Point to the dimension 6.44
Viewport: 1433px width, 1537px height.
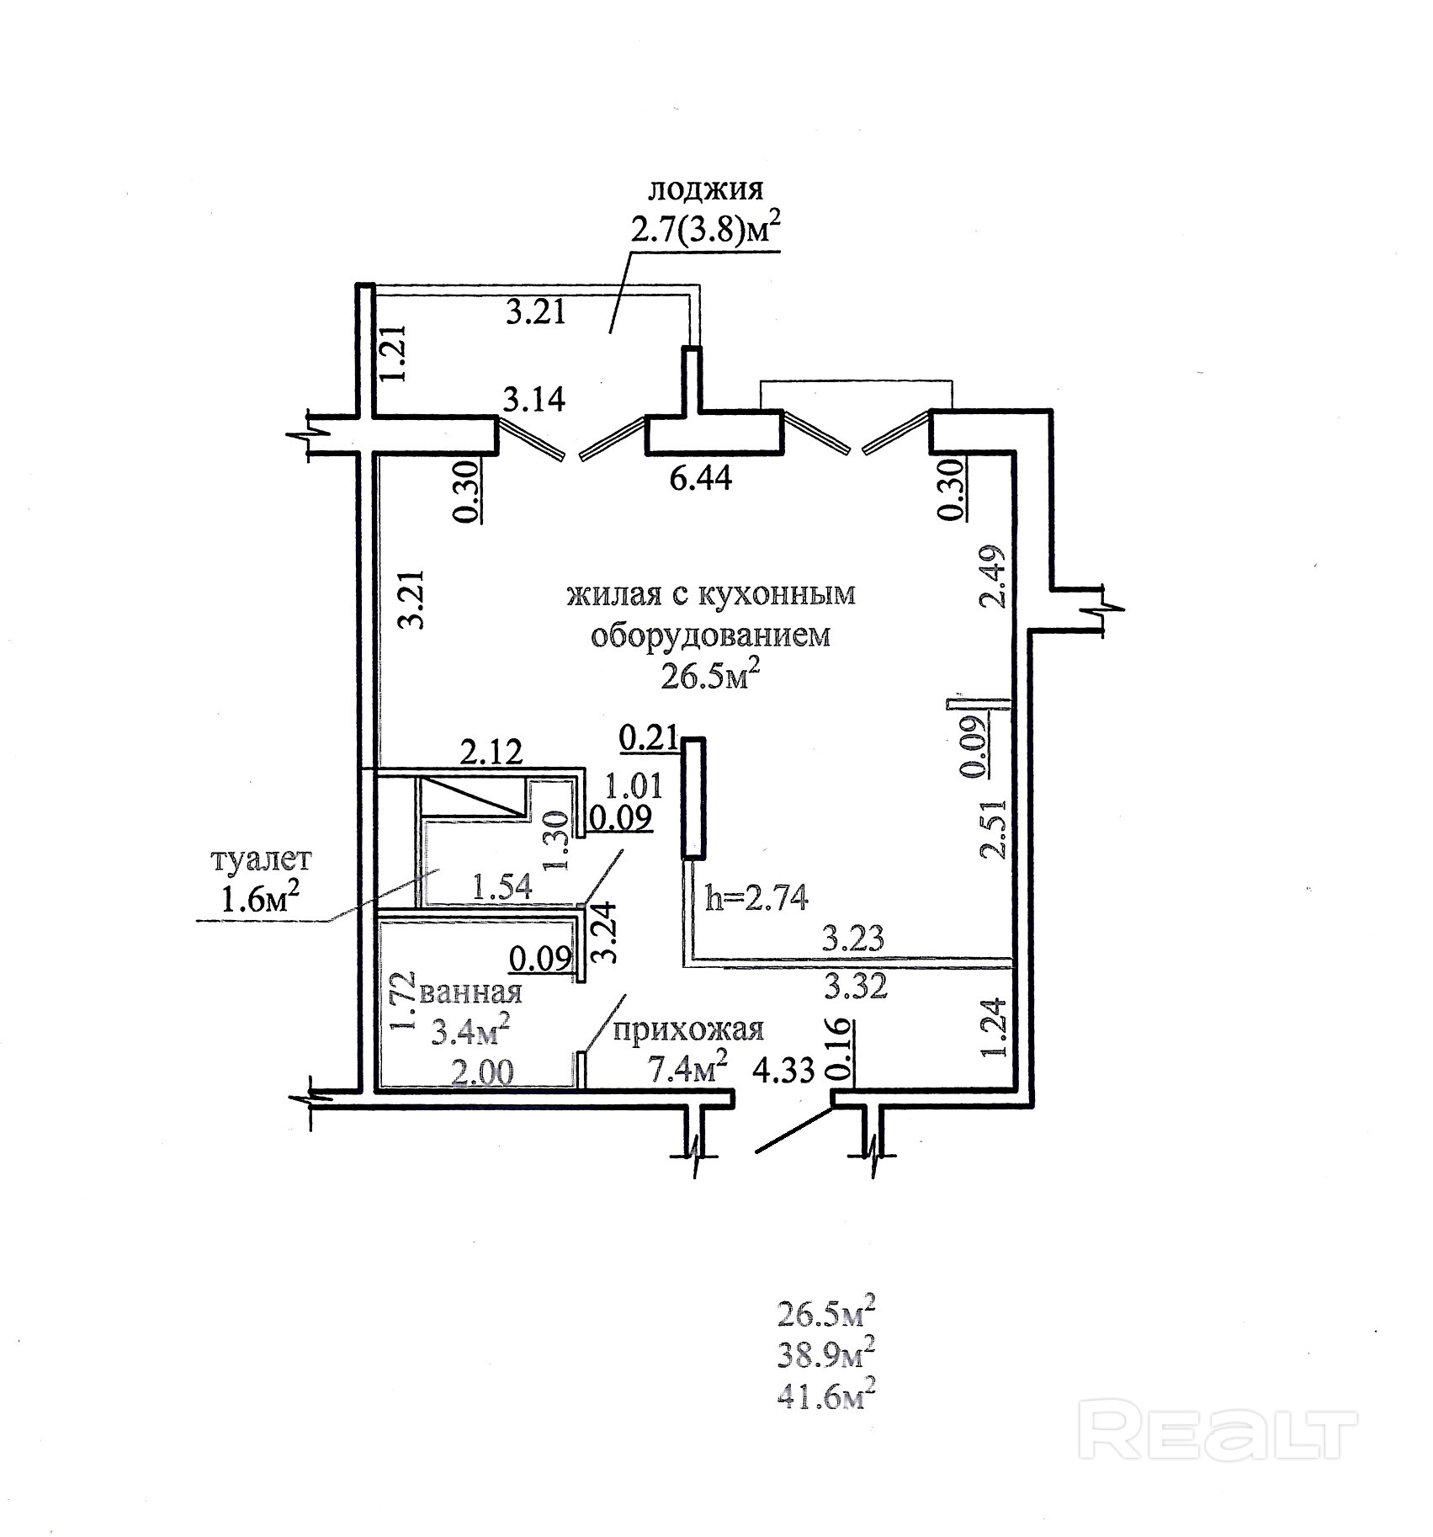(694, 479)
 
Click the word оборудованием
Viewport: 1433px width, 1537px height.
(710, 636)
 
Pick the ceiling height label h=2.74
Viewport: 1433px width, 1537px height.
(756, 899)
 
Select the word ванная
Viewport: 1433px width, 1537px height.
(470, 992)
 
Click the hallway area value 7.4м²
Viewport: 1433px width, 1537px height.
(687, 1070)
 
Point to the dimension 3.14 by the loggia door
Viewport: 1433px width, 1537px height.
(533, 400)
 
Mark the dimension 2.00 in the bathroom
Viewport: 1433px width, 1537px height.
(484, 1072)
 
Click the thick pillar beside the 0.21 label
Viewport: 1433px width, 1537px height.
(693, 797)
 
